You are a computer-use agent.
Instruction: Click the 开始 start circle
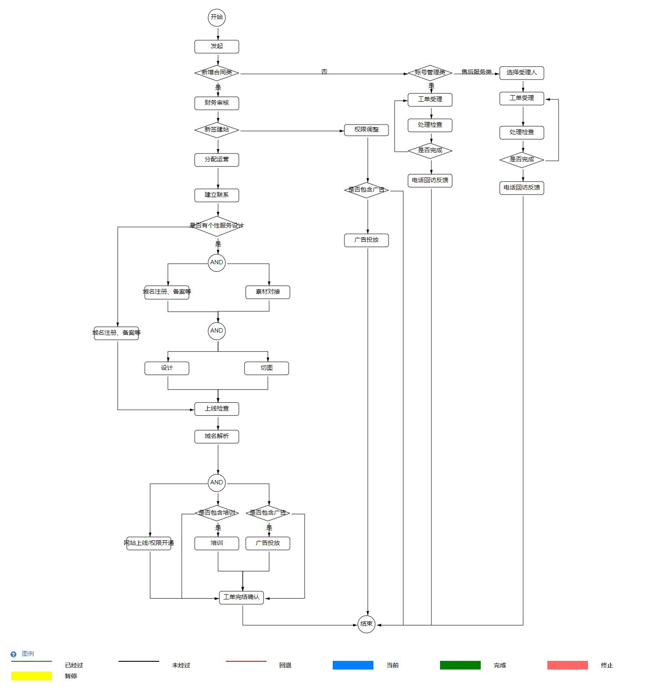tap(216, 17)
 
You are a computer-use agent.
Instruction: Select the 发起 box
tap(216, 46)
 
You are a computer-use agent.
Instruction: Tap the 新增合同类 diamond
tap(216, 73)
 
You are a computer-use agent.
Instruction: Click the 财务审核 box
tap(216, 103)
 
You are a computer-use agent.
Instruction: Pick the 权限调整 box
tap(366, 130)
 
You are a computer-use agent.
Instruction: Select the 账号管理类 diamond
tap(430, 73)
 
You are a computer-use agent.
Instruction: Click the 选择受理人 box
tap(521, 73)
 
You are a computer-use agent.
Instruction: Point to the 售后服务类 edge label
tap(476, 72)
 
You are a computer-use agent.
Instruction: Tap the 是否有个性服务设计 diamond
tap(216, 226)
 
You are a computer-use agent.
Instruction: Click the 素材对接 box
tap(267, 292)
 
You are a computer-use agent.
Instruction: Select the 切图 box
tap(266, 368)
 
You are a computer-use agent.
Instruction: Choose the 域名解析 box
tap(216, 436)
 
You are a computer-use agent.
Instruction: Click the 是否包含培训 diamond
tap(216, 513)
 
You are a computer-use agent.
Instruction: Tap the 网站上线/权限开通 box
tap(149, 543)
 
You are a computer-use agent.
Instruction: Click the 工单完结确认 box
tap(241, 597)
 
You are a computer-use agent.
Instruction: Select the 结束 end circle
tap(366, 624)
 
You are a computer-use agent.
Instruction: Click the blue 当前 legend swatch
tap(353, 665)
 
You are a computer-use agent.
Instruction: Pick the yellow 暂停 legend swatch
tap(31, 676)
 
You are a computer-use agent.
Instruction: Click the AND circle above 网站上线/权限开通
tap(216, 483)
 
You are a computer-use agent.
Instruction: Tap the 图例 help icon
tap(13, 654)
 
